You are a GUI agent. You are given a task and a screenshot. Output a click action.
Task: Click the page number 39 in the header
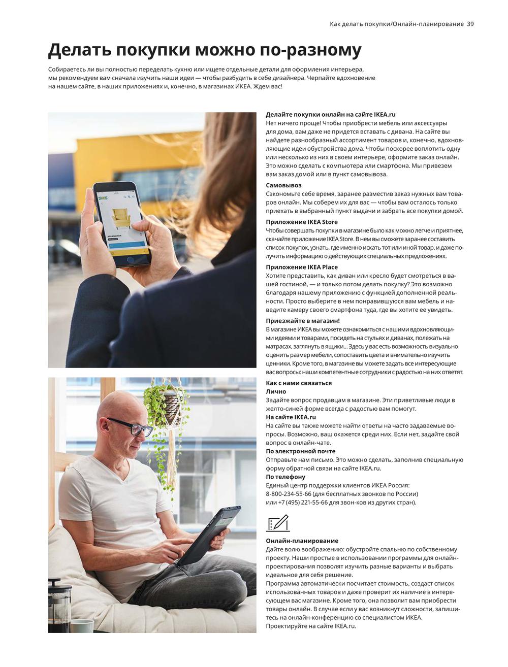(470, 24)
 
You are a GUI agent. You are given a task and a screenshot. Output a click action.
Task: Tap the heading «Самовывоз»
(283, 185)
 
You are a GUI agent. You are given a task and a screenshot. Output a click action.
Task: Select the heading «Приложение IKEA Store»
(301, 222)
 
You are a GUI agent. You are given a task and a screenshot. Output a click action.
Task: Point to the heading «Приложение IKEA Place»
(301, 267)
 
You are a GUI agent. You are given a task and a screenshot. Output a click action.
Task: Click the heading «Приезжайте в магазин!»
(303, 321)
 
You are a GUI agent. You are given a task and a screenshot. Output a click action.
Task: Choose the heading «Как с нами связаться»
(299, 383)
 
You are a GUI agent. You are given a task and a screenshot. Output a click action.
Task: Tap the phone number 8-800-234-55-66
(289, 494)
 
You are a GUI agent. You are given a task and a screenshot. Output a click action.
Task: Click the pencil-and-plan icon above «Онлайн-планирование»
(277, 523)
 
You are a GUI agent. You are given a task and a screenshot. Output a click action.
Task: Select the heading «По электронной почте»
(300, 451)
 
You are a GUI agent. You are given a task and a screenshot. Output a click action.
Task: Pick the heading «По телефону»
(285, 477)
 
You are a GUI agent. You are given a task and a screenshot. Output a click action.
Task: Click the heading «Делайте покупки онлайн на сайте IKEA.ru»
(330, 115)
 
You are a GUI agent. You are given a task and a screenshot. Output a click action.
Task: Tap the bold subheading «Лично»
(276, 391)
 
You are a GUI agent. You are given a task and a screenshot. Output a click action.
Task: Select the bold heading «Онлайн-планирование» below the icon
(302, 541)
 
